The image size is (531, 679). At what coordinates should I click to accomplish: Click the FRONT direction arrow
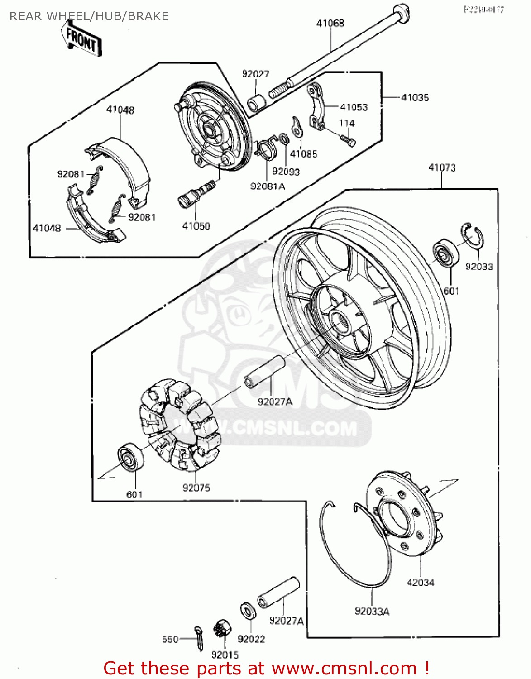click(81, 40)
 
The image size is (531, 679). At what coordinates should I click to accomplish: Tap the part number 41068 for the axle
click(330, 23)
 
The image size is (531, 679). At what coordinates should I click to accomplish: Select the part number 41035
click(415, 97)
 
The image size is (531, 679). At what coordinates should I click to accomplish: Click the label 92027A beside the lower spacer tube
click(286, 621)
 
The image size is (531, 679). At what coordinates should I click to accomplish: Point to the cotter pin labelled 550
click(199, 638)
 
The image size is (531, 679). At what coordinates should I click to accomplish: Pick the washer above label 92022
click(248, 612)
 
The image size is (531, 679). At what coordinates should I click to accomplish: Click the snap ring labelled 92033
click(474, 236)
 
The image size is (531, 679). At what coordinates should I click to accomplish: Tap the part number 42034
click(420, 583)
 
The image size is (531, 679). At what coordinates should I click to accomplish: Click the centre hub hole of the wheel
click(340, 322)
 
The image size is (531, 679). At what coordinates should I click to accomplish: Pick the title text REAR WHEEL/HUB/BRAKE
click(89, 16)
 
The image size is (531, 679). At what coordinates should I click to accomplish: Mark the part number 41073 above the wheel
click(442, 167)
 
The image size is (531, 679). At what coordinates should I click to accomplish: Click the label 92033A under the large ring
click(372, 612)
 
